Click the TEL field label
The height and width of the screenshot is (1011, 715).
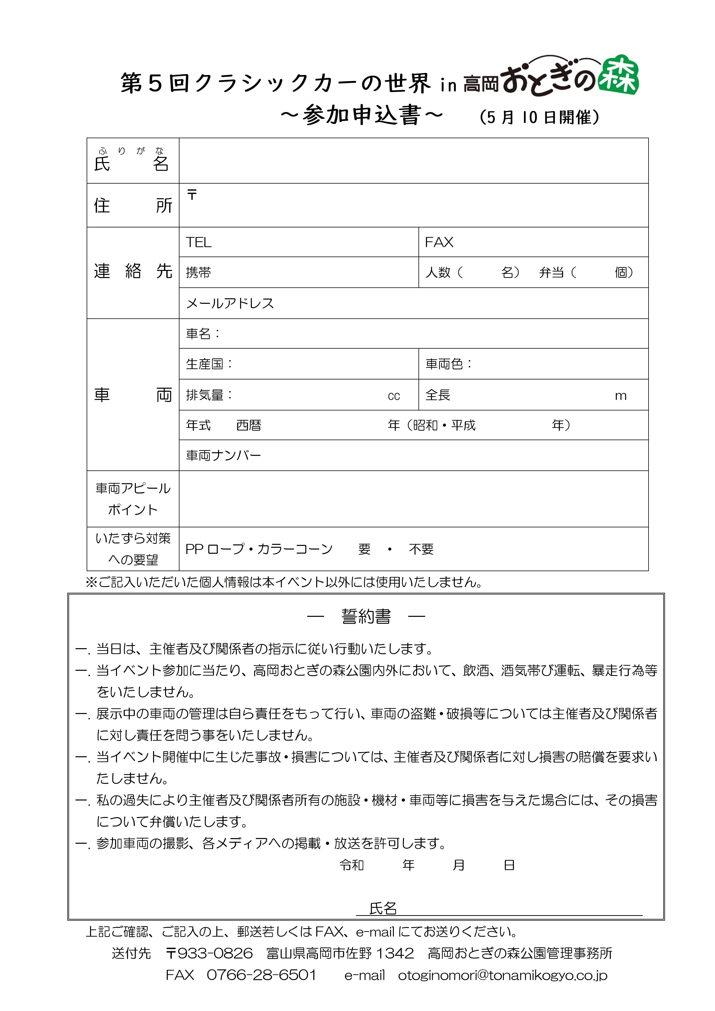click(199, 242)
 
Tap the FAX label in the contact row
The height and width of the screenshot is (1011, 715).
click(439, 242)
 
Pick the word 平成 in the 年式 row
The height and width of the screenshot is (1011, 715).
click(463, 425)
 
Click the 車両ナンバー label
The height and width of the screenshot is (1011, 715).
click(223, 455)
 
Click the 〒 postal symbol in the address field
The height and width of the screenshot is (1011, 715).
click(192, 194)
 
